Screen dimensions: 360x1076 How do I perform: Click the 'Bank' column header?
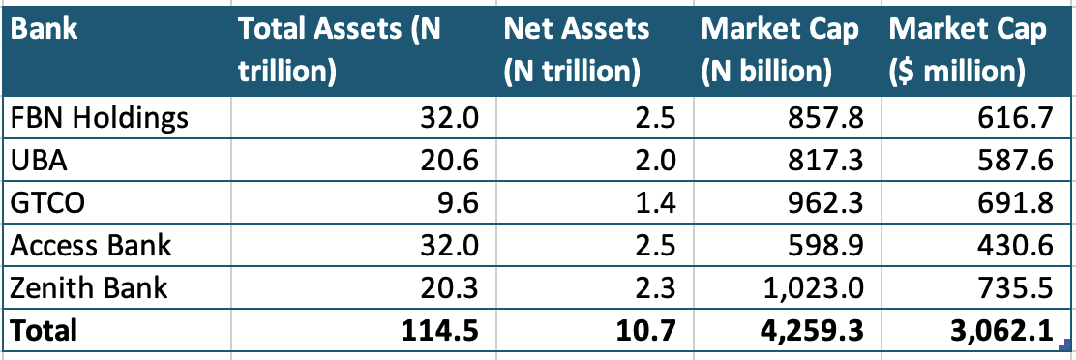coord(45,30)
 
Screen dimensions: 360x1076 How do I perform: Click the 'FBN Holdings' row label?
coord(99,119)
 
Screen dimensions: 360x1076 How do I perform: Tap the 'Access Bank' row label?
coord(91,245)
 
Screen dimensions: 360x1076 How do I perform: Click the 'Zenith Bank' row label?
coord(89,287)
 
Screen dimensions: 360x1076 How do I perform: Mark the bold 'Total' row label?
coord(44,330)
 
